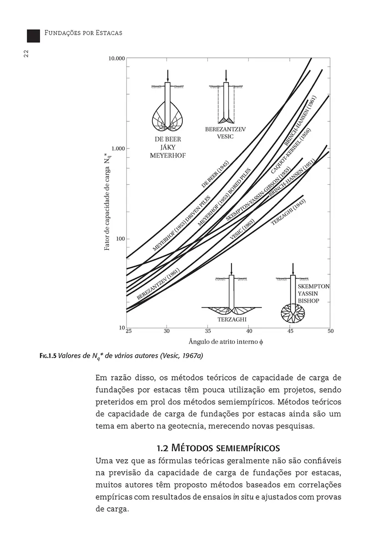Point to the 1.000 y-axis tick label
tap(117, 149)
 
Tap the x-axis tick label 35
tap(208, 331)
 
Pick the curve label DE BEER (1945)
tap(215, 175)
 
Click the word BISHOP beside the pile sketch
tap(308, 301)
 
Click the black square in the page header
tap(33, 36)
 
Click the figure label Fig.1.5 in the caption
tap(47, 355)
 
